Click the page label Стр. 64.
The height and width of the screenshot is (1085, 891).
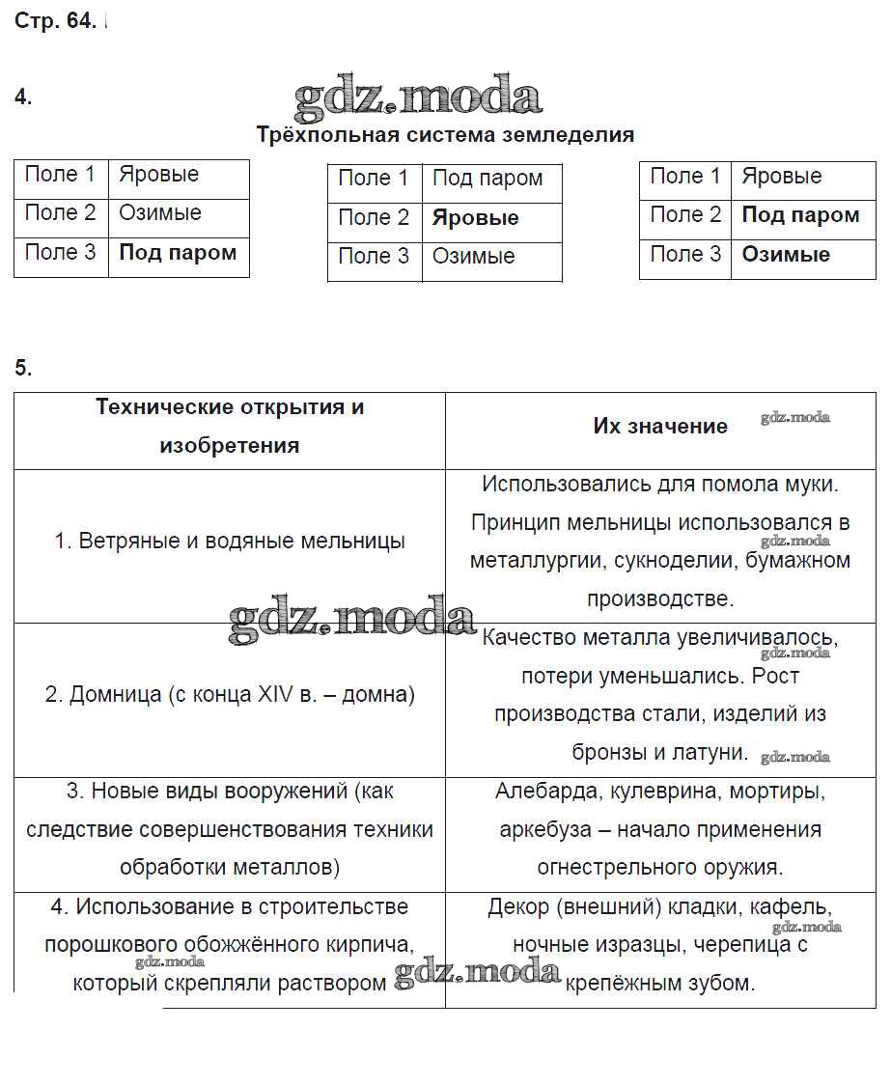click(55, 22)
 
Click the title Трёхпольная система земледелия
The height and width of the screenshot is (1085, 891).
click(445, 135)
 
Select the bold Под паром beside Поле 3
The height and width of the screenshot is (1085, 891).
click(178, 253)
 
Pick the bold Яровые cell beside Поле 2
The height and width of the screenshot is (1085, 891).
click(476, 218)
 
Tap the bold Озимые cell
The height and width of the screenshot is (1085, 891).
click(786, 255)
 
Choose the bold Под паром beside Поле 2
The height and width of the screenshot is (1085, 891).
click(800, 215)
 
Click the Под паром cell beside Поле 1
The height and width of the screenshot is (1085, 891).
click(487, 179)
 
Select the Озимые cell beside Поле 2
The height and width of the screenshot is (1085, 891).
click(160, 213)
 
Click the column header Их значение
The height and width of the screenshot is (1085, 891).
click(660, 427)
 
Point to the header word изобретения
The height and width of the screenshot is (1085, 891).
click(230, 446)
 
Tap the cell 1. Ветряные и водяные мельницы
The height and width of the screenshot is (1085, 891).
click(230, 542)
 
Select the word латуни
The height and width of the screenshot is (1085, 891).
click(714, 753)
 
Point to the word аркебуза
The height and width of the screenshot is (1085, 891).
click(541, 830)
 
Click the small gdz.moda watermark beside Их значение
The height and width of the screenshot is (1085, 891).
click(794, 418)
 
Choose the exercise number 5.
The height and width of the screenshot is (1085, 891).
click(23, 368)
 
